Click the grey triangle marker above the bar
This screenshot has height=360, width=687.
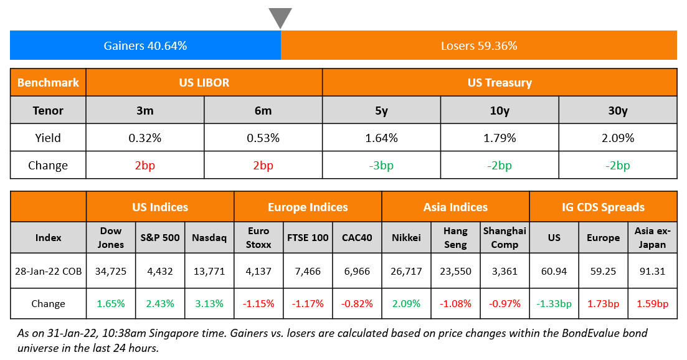[x=280, y=17]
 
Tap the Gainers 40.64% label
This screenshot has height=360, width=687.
[x=145, y=45]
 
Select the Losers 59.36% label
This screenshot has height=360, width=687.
[x=478, y=45]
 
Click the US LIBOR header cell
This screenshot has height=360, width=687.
[x=204, y=82]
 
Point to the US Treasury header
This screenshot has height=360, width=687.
[x=500, y=82]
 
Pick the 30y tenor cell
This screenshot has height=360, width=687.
[x=617, y=110]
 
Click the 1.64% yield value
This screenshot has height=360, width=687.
[x=381, y=138]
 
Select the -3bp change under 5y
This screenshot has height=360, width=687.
[x=381, y=165]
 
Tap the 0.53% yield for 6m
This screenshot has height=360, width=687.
[x=263, y=138]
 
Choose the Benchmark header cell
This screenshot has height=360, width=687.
[x=48, y=82]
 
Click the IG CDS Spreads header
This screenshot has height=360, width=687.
[x=603, y=207]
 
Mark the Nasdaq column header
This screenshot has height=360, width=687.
[x=209, y=237]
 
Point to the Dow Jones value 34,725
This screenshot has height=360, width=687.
[x=111, y=271]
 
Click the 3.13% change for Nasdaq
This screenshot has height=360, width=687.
[x=209, y=304]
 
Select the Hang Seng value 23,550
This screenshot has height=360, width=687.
[x=455, y=271]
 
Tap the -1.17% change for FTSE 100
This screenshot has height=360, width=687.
[x=308, y=304]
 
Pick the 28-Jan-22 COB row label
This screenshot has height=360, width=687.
[x=48, y=271]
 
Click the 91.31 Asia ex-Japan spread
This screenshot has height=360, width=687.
[x=652, y=271]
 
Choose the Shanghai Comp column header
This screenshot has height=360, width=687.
[x=505, y=237]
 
